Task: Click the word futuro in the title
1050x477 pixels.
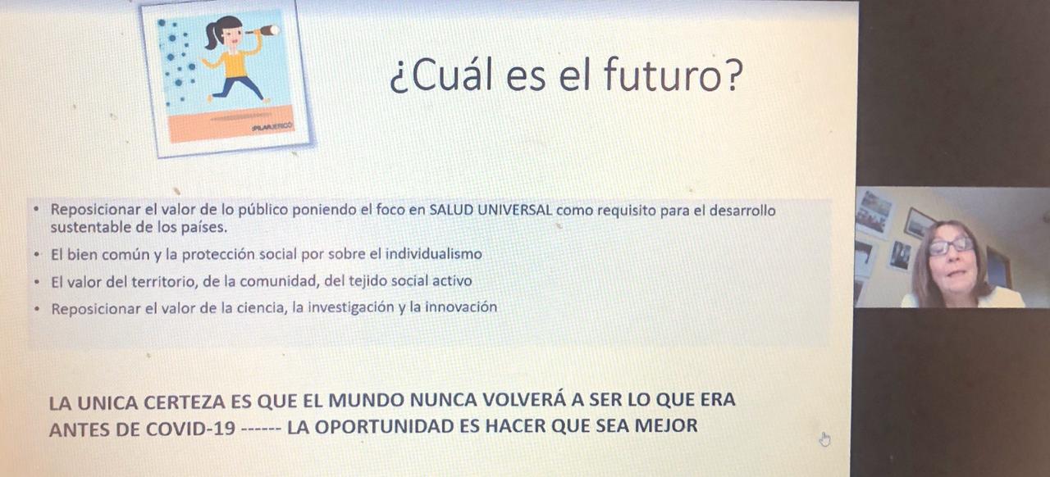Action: (662, 74)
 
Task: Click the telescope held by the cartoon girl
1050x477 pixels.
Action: (263, 31)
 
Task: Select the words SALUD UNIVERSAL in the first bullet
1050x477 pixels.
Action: (491, 210)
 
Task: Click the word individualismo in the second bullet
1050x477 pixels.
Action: (434, 254)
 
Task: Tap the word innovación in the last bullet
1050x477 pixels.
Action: (461, 307)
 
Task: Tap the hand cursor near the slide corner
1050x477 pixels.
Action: (825, 439)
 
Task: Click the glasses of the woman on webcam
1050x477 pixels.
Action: (951, 246)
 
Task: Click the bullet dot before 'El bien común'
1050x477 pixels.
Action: (37, 255)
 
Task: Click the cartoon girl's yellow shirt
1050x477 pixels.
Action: (235, 64)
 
